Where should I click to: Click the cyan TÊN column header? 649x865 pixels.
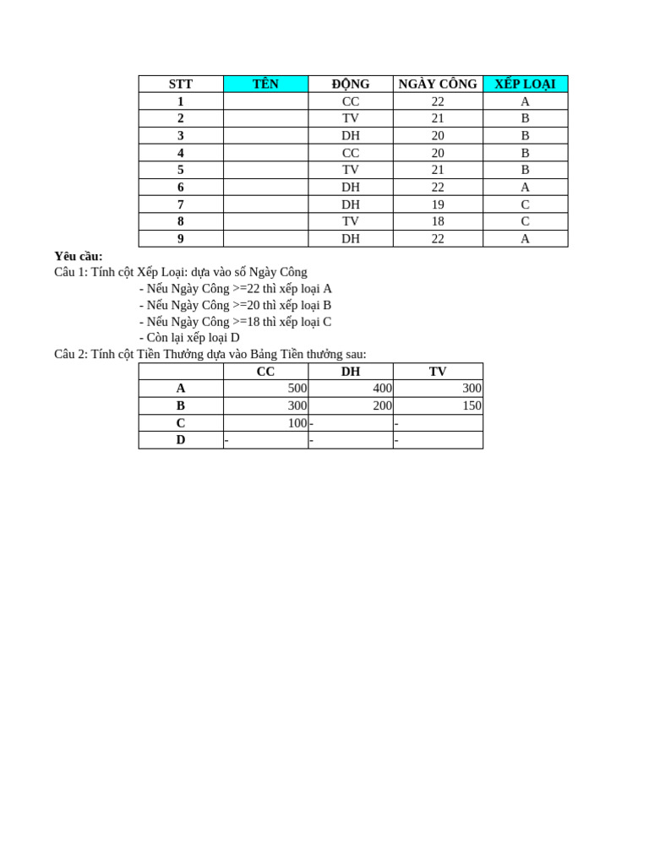(x=265, y=84)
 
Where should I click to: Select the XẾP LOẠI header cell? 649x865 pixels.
(x=525, y=84)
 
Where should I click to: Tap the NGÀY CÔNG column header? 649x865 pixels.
(x=438, y=84)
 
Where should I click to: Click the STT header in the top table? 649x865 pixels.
(x=181, y=84)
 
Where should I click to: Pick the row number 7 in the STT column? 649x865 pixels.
(x=181, y=204)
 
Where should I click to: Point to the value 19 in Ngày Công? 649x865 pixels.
(x=438, y=204)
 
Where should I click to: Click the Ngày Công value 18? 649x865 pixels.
(x=438, y=221)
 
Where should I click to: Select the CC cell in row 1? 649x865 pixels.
(x=351, y=101)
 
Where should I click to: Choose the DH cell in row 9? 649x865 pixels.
(x=351, y=239)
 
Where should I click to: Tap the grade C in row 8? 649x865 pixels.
(x=525, y=221)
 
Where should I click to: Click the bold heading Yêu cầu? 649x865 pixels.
(x=79, y=256)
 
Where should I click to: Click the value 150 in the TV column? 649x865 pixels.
(x=472, y=405)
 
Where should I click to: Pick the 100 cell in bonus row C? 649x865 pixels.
(x=297, y=422)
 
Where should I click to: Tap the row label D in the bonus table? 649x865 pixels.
(x=181, y=440)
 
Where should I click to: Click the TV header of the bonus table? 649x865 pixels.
(x=438, y=372)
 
